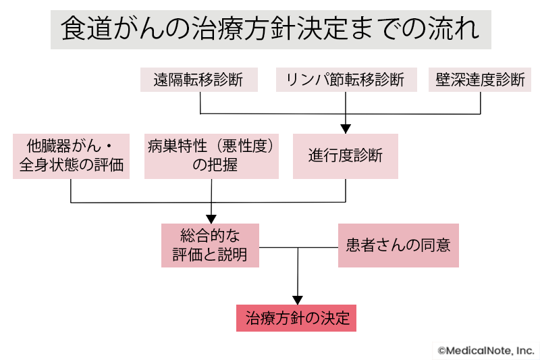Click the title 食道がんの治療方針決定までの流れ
(271, 30)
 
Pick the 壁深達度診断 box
(481, 79)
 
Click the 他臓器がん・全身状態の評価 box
(71, 156)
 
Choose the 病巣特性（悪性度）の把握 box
(211, 156)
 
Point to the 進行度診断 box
(345, 156)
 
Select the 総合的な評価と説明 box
(210, 245)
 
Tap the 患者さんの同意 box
(398, 245)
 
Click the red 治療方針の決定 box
(296, 318)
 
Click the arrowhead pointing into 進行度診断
(346, 128)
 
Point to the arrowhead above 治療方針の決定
(297, 299)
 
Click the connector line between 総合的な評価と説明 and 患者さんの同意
(298, 247)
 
